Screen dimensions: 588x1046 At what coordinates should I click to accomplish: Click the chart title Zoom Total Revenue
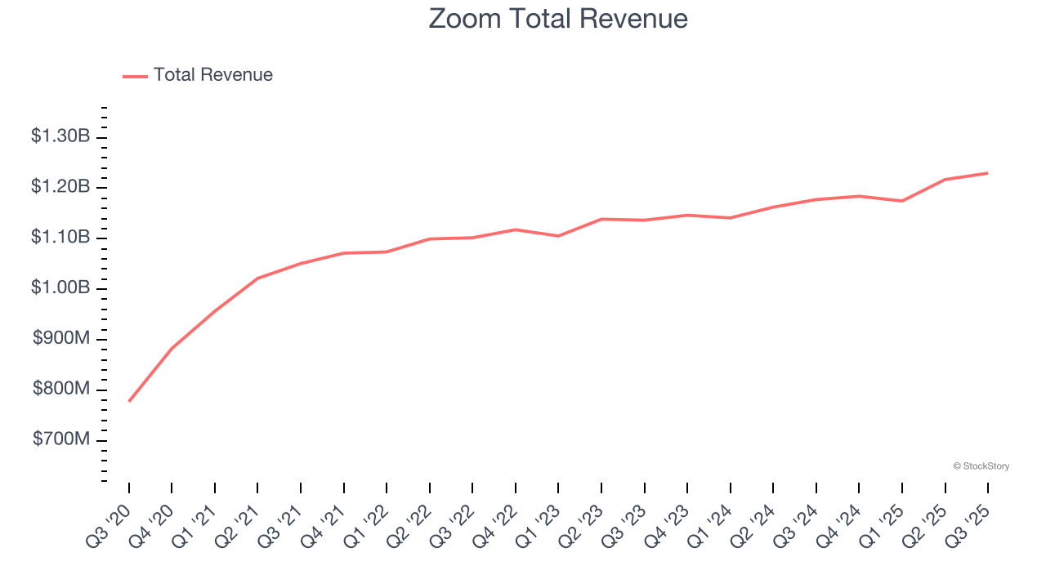click(x=558, y=18)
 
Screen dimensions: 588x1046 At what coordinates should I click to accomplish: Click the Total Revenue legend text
click(x=212, y=75)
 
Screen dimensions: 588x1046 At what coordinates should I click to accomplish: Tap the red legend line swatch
click(x=135, y=76)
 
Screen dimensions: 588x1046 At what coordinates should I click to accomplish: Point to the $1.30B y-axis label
click(x=60, y=136)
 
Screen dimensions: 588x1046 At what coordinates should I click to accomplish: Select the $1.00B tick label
click(x=60, y=288)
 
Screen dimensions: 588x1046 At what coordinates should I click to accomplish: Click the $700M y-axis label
click(x=61, y=440)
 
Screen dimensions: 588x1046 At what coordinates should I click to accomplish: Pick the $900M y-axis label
click(x=61, y=339)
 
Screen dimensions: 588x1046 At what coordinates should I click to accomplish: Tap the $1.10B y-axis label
click(x=60, y=238)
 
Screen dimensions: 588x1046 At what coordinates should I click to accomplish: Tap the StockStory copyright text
click(x=981, y=466)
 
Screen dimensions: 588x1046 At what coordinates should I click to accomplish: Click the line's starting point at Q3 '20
click(x=129, y=401)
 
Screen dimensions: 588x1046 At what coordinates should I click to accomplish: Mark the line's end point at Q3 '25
click(x=988, y=173)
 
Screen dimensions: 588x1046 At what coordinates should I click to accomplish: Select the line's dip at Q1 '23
click(x=558, y=236)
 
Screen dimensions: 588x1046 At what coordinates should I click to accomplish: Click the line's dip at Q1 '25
click(x=902, y=201)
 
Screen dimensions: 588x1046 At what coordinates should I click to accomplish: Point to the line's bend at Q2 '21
click(x=257, y=278)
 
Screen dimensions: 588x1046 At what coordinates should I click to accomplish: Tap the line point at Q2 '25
click(x=945, y=180)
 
